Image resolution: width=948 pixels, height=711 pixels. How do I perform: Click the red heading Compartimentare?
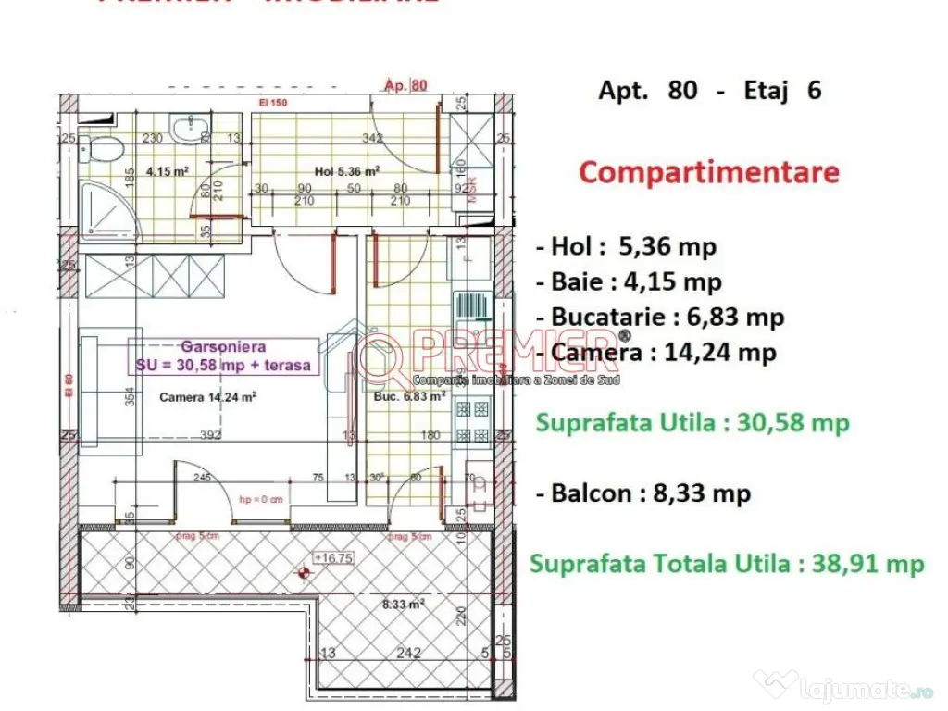tap(709, 173)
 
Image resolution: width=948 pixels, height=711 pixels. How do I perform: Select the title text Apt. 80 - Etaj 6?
tap(709, 91)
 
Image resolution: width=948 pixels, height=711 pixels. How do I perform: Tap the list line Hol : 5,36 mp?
tap(627, 247)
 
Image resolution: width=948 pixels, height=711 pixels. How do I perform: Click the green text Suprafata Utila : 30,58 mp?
tap(692, 423)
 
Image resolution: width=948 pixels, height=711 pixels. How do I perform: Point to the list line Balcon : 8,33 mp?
tap(644, 493)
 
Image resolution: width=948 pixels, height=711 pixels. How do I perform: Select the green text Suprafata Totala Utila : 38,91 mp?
tap(727, 564)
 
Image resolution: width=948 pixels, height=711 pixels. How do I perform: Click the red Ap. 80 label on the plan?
tap(405, 86)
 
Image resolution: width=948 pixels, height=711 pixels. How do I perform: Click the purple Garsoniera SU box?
tap(223, 356)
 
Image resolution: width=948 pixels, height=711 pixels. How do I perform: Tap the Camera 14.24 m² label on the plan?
tap(207, 399)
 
